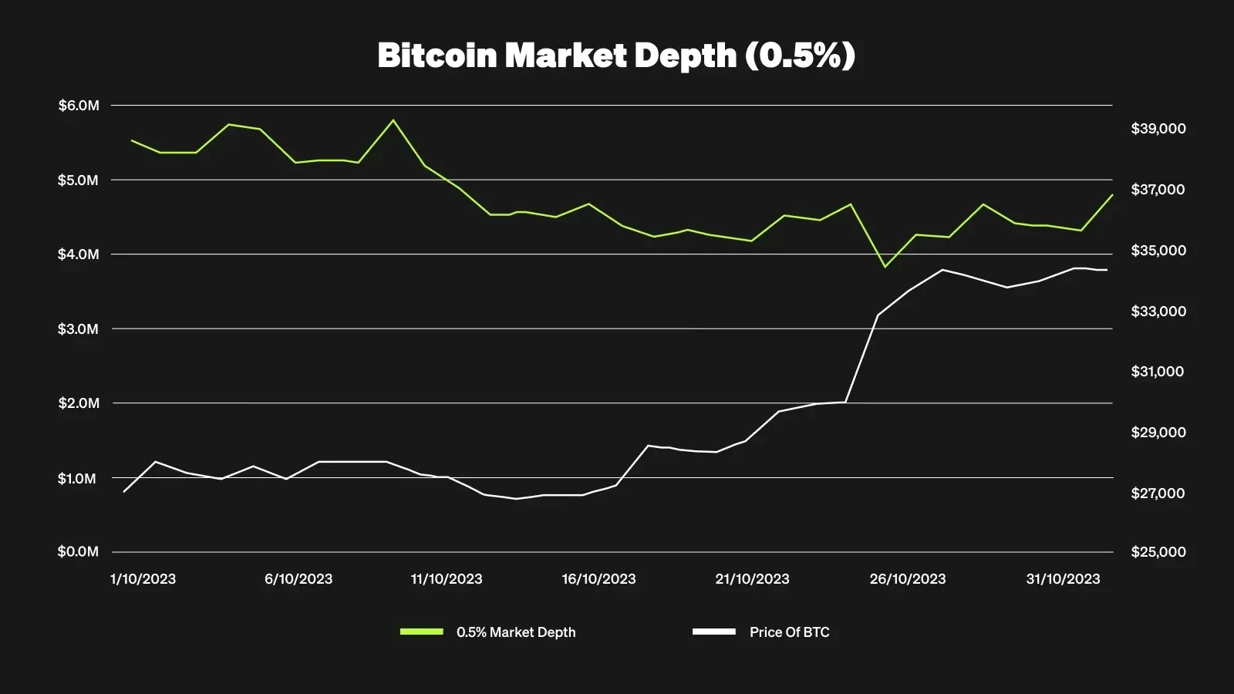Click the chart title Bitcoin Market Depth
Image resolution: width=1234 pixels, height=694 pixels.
(616, 56)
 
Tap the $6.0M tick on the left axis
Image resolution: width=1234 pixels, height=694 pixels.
(79, 106)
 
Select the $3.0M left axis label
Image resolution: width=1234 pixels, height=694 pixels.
(79, 329)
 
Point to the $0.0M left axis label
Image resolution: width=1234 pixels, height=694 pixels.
(79, 552)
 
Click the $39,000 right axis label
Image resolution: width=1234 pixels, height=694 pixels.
(1158, 129)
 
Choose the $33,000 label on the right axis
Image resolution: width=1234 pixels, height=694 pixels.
(1158, 312)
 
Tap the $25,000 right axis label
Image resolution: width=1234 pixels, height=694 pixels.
(1158, 552)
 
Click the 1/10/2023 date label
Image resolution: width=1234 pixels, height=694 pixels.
(143, 579)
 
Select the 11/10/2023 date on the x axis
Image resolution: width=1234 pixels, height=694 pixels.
(447, 579)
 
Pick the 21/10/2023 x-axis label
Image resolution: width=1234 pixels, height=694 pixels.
(752, 579)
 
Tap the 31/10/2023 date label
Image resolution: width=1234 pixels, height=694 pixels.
(1063, 579)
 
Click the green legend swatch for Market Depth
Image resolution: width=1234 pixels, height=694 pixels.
(422, 632)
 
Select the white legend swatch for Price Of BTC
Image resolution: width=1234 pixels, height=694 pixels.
(713, 632)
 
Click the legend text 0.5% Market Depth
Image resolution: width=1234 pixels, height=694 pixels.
(516, 632)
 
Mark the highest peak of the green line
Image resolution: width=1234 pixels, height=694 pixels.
(393, 120)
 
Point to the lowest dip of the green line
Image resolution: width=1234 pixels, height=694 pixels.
(885, 267)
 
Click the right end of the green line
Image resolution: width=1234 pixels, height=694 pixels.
(1112, 195)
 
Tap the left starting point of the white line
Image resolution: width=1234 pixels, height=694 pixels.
(124, 491)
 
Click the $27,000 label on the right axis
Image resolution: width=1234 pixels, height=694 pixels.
(1158, 494)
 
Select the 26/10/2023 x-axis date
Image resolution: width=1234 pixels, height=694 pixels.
(908, 579)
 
